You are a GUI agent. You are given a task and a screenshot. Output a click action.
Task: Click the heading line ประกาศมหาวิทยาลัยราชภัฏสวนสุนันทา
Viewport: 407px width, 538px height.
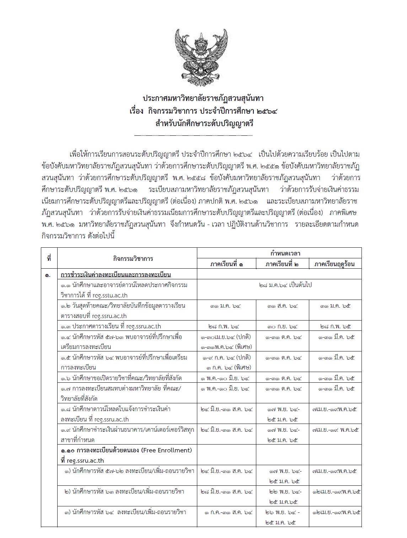(x=203, y=98)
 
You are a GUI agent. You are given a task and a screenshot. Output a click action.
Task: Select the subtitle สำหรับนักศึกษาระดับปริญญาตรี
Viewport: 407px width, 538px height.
(x=203, y=124)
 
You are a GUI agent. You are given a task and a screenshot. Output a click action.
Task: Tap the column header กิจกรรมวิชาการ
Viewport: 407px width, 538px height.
(x=127, y=258)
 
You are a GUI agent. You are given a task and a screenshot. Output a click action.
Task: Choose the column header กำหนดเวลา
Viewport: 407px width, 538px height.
(x=279, y=253)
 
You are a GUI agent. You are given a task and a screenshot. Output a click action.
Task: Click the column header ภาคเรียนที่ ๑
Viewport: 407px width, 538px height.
(x=227, y=264)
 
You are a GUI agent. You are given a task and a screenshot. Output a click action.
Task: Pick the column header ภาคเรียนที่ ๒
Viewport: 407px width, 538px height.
(x=282, y=264)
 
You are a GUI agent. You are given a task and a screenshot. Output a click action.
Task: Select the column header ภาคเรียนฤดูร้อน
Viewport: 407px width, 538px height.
(x=335, y=264)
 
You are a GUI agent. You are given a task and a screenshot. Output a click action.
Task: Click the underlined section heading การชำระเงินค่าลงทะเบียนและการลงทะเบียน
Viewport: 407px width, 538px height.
(x=116, y=275)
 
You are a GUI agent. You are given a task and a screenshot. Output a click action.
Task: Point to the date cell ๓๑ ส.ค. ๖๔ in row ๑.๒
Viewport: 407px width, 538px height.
(x=282, y=306)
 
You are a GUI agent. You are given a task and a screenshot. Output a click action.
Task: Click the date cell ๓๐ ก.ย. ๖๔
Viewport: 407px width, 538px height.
(x=282, y=326)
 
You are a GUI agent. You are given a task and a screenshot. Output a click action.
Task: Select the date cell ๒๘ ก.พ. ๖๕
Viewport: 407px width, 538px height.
(x=335, y=326)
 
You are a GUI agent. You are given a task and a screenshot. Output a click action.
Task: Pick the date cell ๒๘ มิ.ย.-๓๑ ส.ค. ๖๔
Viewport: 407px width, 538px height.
(x=227, y=492)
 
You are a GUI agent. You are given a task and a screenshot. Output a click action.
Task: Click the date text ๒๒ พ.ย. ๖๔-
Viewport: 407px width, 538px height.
(x=283, y=492)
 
